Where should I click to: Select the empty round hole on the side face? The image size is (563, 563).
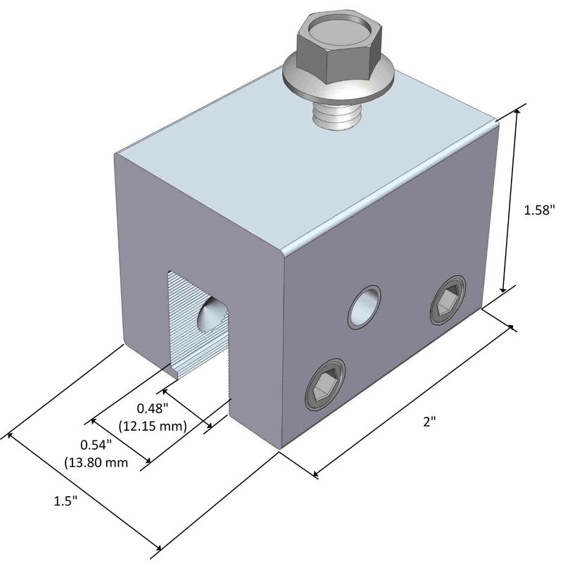click(x=364, y=307)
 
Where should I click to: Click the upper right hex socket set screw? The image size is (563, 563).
click(x=448, y=301)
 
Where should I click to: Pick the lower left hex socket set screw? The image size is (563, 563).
click(x=324, y=385)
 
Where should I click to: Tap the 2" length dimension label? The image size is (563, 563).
click(x=429, y=422)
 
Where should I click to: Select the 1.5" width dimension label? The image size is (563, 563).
click(x=65, y=500)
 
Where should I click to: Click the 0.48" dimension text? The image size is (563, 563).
click(x=152, y=408)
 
